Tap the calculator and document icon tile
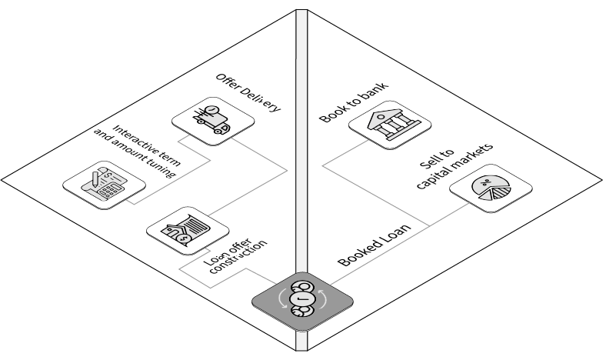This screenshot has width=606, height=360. pyautogui.click(x=103, y=182)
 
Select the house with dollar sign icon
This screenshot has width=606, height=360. pyautogui.click(x=188, y=228)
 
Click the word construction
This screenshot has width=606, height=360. pyautogui.click(x=239, y=258)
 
